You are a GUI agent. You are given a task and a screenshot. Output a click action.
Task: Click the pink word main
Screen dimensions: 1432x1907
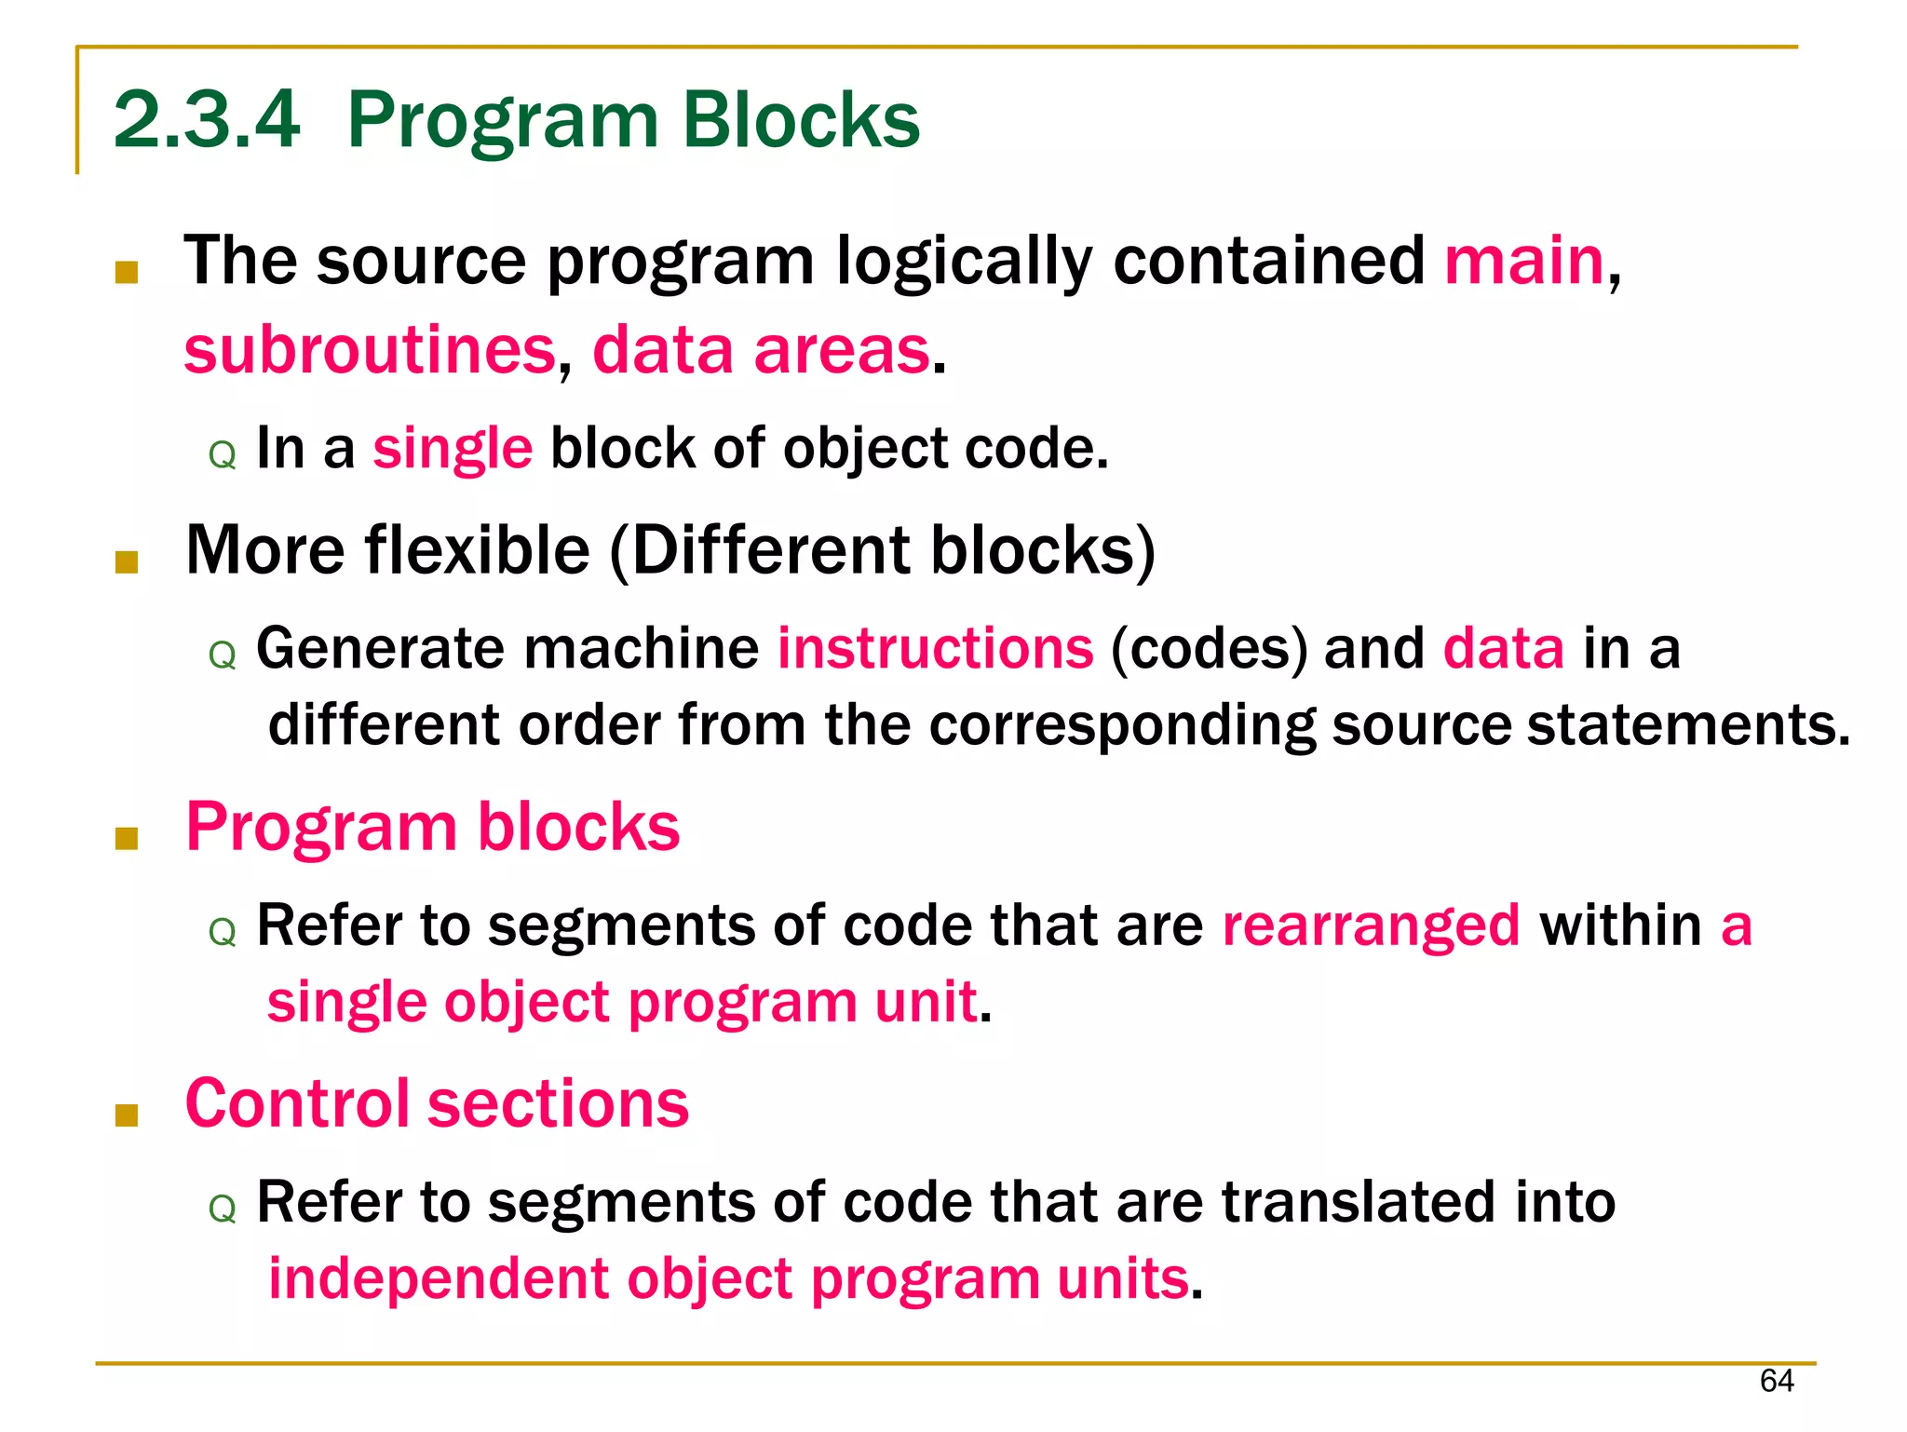(x=1524, y=261)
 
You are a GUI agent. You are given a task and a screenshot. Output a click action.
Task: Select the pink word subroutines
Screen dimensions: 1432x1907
(x=370, y=350)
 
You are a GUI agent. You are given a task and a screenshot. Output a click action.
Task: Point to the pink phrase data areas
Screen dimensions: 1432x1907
(x=761, y=350)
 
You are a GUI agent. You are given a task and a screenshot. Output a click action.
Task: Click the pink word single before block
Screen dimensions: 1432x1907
(x=453, y=449)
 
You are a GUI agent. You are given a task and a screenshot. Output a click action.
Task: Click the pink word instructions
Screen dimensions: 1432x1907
(x=935, y=648)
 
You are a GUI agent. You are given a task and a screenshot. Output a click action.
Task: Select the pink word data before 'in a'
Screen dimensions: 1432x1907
(x=1503, y=648)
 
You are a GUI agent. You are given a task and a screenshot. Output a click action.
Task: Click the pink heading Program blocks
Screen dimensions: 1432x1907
(x=433, y=827)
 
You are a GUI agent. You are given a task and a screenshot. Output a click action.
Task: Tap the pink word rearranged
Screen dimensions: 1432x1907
(x=1371, y=925)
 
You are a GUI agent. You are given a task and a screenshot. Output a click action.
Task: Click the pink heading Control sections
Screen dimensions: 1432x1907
(x=437, y=1103)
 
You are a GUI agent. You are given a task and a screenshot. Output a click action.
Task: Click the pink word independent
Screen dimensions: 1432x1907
(x=439, y=1277)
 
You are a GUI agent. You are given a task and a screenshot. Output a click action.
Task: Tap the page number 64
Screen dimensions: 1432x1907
(x=1777, y=1381)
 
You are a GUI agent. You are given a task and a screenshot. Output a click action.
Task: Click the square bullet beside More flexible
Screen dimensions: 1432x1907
(x=127, y=561)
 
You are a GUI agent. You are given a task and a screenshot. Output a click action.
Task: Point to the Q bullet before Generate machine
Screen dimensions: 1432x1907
(x=223, y=655)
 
